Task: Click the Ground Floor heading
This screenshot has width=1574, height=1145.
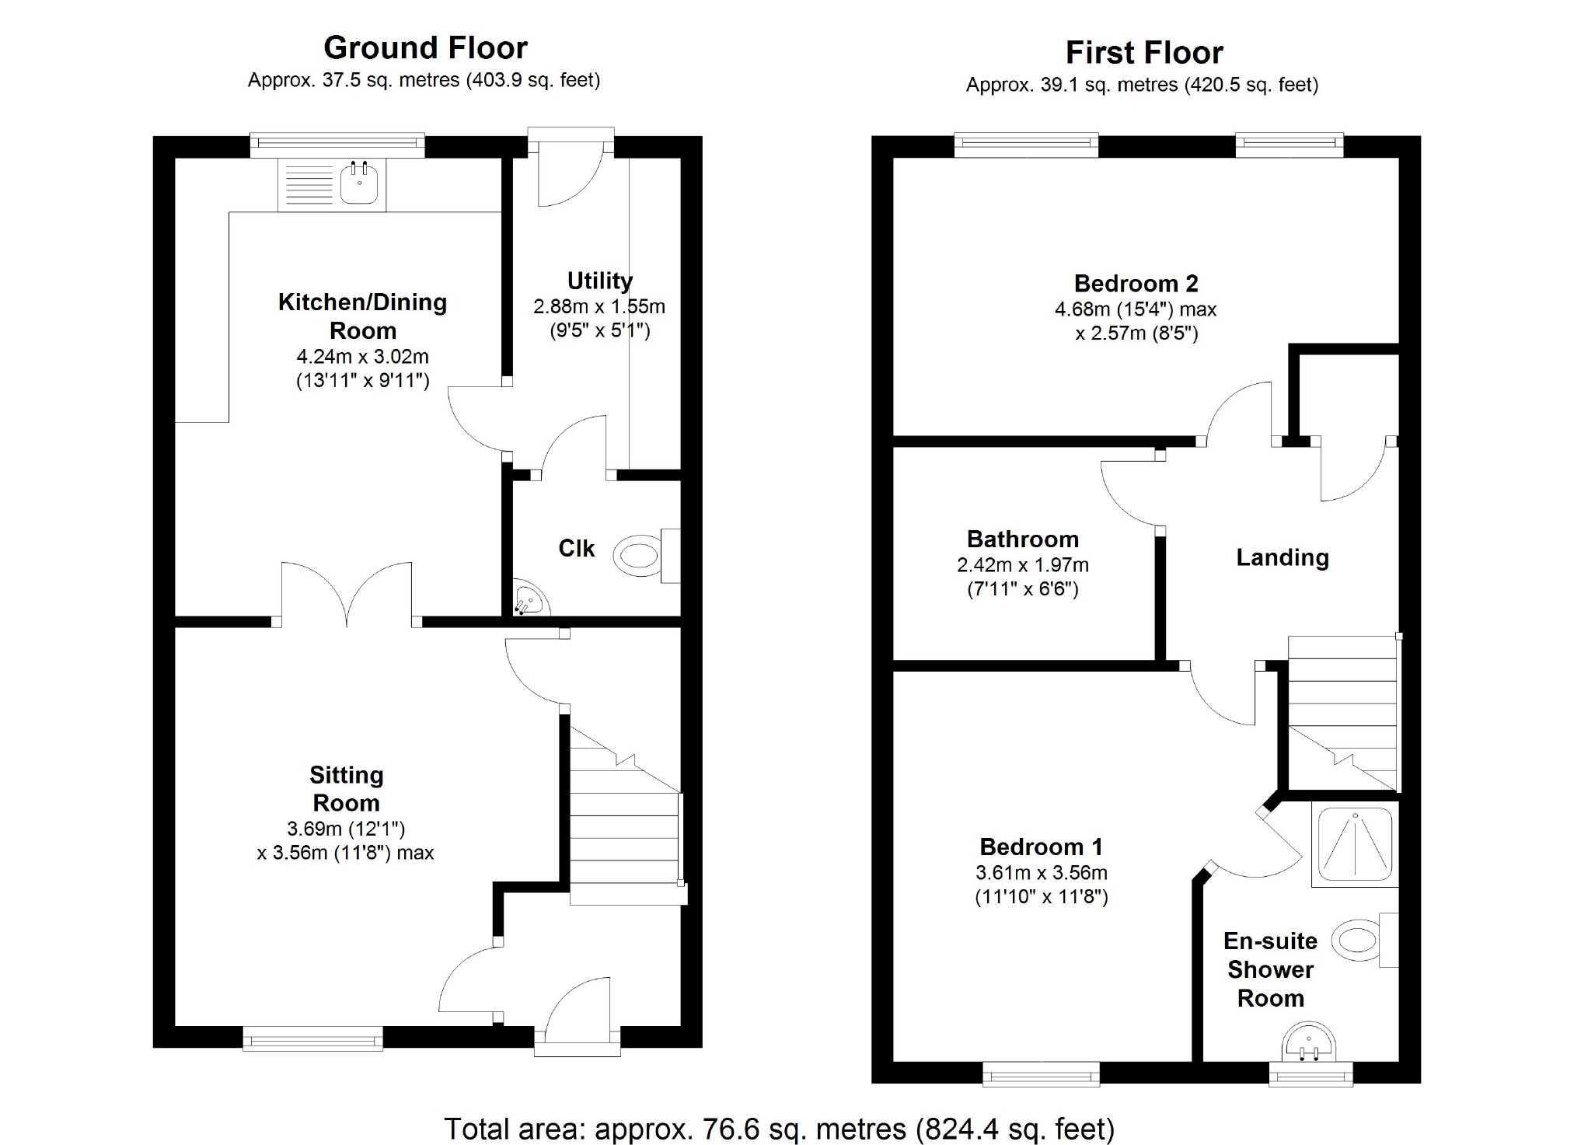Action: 425,48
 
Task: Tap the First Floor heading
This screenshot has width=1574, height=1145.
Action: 1143,53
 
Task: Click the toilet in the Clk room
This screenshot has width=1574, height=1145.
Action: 637,556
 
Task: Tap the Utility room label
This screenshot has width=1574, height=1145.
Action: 599,281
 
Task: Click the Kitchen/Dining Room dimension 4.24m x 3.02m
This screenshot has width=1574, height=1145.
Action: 362,357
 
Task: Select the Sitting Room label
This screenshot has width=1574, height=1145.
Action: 346,788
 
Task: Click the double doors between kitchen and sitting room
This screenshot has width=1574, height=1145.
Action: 347,595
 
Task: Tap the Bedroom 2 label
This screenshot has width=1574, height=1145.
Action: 1136,284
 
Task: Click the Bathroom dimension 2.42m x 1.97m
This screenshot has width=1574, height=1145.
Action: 1022,565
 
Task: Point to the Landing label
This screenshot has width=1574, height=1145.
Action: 1282,557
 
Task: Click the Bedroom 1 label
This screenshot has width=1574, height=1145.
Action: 1041,847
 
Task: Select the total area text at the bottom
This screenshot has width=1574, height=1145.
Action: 779,1128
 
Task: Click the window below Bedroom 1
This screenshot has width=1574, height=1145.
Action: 1041,1074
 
